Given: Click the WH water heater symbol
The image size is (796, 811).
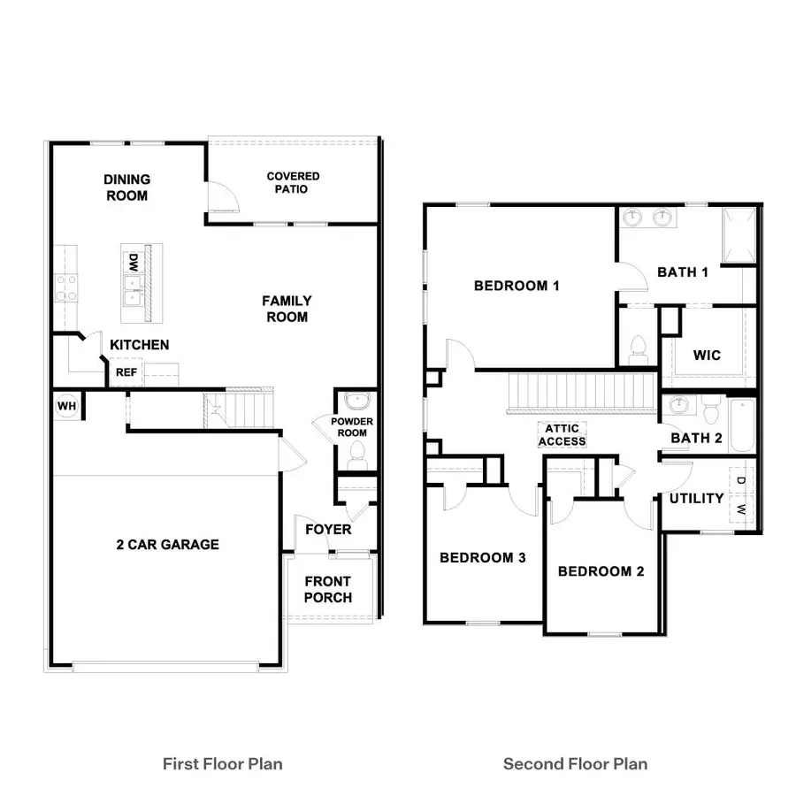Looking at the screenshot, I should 66,406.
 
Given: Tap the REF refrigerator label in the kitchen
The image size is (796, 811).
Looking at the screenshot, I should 126,373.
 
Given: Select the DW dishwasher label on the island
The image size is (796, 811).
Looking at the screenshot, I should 134,263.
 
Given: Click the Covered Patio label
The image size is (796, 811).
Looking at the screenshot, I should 293,182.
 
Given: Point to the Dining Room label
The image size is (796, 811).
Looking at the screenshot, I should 126,187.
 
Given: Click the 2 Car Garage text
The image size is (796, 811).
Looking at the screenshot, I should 167,545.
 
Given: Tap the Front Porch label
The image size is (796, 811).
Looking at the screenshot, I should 327,589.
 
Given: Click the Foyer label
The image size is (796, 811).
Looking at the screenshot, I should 328,530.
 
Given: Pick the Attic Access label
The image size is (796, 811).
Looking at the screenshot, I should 562,435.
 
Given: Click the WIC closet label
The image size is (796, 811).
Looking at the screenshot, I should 707,356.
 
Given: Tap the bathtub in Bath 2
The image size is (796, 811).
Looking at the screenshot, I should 741,426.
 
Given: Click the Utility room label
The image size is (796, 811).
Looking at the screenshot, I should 696,499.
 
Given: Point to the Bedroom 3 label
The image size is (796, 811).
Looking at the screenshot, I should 483,558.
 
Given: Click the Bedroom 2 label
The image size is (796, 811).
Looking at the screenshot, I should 601,571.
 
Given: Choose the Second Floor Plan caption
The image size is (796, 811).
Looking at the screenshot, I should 575,763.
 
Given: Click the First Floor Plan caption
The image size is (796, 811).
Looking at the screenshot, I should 223,763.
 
